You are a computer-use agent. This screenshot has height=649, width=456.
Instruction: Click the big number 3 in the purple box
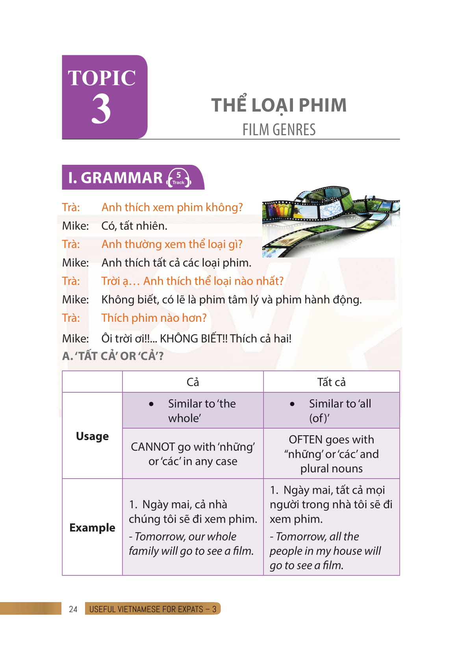point(101,109)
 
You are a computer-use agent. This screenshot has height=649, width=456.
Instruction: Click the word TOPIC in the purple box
point(102,78)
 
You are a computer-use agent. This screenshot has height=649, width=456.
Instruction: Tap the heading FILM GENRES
point(279,130)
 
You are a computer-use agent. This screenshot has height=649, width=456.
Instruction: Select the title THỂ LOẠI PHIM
point(279,105)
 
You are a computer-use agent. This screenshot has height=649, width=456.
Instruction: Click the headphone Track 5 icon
point(179,178)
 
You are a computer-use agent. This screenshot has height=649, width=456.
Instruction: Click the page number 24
point(73,609)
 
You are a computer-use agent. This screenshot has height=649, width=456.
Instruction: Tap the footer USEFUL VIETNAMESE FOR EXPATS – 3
point(153,609)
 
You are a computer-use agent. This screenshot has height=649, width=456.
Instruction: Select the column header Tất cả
point(331,382)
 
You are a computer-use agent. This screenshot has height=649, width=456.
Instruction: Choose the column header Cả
point(193,382)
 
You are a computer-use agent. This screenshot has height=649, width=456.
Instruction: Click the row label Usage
point(92,436)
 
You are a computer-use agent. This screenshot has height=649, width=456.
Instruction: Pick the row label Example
point(92,528)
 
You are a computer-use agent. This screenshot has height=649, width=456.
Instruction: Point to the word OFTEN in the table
point(306,440)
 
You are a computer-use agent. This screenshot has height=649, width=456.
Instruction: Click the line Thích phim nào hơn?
point(154,318)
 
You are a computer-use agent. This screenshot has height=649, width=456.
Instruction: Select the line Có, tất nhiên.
point(134,226)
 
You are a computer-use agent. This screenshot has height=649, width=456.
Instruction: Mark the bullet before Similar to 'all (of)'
point(292,404)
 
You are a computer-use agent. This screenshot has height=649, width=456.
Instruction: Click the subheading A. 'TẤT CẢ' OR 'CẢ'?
point(113,356)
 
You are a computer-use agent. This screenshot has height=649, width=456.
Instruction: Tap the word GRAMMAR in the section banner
point(122,178)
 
